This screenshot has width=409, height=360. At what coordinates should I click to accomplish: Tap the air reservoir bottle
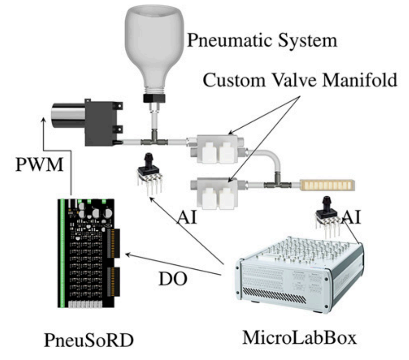[x=155, y=45]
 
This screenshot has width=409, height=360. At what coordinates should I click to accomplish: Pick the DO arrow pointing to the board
[x=172, y=265]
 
